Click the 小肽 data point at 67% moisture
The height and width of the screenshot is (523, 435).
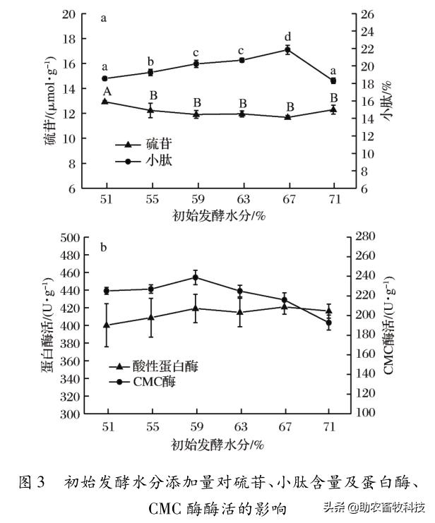coord(287,49)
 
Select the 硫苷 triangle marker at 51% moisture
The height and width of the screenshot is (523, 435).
coord(105,101)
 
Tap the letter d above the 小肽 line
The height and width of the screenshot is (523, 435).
coord(287,37)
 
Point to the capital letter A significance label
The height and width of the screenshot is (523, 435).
coord(106,91)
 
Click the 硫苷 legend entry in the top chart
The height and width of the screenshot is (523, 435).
coord(145,144)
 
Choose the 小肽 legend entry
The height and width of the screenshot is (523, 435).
coord(145,161)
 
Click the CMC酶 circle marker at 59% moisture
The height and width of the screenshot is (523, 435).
coord(196,277)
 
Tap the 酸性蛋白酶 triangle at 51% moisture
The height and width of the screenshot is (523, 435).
coord(107,325)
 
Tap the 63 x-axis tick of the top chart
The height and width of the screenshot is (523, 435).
coord(242,198)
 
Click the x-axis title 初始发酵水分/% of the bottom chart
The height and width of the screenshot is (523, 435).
coord(218,445)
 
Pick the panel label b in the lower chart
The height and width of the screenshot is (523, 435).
coord(104,248)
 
